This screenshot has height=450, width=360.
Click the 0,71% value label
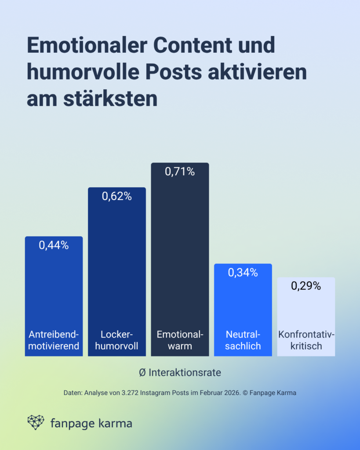click(180, 172)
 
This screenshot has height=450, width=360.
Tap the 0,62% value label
click(116, 196)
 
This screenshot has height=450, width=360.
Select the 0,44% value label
click(54, 246)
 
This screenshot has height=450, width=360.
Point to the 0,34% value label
click(243, 272)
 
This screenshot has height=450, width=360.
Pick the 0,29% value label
click(306, 286)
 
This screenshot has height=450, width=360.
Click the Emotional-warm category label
click(180, 340)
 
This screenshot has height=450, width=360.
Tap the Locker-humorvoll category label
click(116, 340)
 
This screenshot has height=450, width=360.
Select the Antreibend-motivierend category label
click(54, 340)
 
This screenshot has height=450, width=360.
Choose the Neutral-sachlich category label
click(243, 340)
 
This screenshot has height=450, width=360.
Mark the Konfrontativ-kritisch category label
click(306, 340)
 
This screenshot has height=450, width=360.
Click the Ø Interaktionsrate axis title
click(180, 373)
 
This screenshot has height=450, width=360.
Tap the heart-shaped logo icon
click(36, 422)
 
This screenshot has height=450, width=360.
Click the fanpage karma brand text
click(91, 424)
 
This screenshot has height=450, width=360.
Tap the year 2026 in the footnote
click(230, 393)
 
